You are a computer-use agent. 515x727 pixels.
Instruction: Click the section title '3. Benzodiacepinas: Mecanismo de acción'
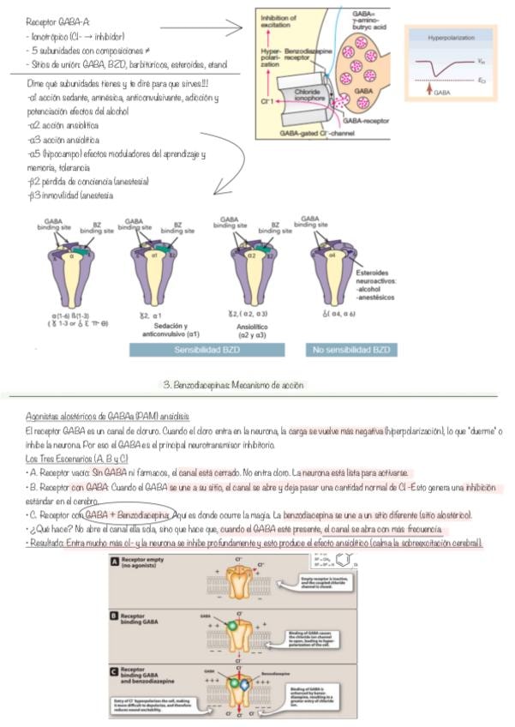tap(233, 386)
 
